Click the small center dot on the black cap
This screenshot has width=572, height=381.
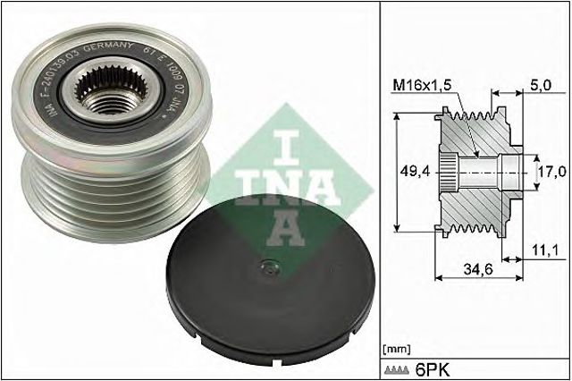tap(265, 266)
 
